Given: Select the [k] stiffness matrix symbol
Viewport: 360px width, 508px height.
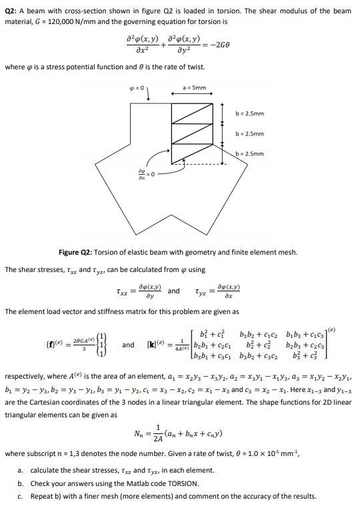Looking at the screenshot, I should coord(155,345).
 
